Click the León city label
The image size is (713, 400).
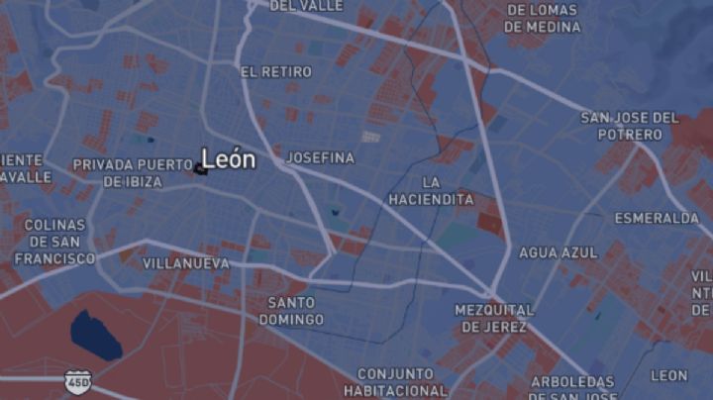229,158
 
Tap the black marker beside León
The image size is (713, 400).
201,169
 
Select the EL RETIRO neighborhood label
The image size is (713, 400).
275,72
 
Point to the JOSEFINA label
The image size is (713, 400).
320,157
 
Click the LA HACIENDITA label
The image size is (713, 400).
431,190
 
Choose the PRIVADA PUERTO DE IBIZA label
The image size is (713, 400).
132,173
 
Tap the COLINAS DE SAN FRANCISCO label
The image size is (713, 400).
54,242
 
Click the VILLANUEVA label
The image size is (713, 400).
186,264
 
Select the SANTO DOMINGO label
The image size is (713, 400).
291,311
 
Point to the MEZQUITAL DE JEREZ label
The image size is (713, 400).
494,318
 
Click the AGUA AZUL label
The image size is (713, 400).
559,252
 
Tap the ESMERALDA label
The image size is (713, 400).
657,218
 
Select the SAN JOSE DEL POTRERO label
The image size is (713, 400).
630,126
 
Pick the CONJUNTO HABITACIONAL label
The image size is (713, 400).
395,381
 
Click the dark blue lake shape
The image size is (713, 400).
95,335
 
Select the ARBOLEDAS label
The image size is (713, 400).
572,382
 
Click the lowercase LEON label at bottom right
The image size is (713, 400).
668,375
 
